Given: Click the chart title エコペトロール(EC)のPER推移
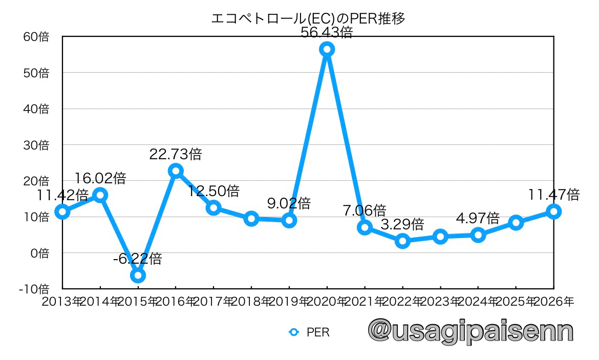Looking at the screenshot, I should pyautogui.click(x=308, y=19).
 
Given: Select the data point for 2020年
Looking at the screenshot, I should pyautogui.click(x=327, y=49).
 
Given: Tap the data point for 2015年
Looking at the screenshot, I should pyautogui.click(x=138, y=276).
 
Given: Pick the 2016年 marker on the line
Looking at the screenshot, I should pyautogui.click(x=176, y=171).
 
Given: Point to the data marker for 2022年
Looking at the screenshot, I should pyautogui.click(x=403, y=241).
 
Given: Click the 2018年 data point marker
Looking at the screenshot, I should pyautogui.click(x=251, y=219).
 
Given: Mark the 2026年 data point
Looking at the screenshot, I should pyautogui.click(x=553, y=211).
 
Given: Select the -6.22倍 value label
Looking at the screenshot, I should pyautogui.click(x=137, y=259).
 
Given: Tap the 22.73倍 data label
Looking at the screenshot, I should pyautogui.click(x=176, y=154).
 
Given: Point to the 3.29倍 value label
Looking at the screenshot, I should pyautogui.click(x=402, y=224).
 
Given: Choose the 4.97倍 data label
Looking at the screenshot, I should pyautogui.click(x=478, y=219).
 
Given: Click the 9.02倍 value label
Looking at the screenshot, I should pyautogui.click(x=289, y=203).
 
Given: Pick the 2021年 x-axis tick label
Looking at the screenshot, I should pyautogui.click(x=365, y=302).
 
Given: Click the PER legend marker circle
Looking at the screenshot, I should pyautogui.click(x=294, y=332).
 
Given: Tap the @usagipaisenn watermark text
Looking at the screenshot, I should pyautogui.click(x=470, y=331).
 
